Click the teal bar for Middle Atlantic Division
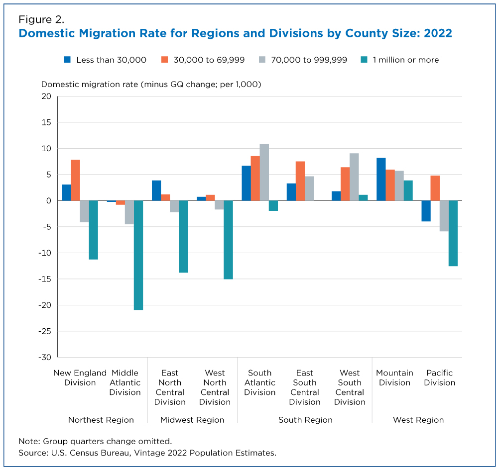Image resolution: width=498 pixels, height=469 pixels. pos(138,255)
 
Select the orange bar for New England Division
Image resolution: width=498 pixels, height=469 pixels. pos(76,180)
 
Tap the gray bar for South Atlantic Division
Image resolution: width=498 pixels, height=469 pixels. pos(264,172)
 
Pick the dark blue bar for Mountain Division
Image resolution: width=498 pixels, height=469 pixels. pos(381,179)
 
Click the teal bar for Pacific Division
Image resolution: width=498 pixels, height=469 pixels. pos(453,233)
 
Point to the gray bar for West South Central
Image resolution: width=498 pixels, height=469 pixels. pos(354,177)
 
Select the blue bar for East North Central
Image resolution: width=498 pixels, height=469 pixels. pos(156,190)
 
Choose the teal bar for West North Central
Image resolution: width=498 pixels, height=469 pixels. pos(229,240)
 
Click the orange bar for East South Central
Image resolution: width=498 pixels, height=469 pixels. pos(300,181)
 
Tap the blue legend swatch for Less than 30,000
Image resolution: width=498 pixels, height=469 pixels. pos(67,60)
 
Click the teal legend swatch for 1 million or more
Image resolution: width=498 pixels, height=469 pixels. pos(364,60)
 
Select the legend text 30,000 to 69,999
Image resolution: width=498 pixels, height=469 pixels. pos(209,60)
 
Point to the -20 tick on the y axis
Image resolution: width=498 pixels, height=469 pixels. pos(45,305)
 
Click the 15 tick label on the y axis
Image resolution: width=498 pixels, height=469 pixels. pos(46,122)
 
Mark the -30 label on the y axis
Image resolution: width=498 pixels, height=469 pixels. pos(45,358)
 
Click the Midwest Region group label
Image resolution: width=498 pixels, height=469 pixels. pos(192,420)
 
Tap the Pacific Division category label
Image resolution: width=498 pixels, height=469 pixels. pos(440,377)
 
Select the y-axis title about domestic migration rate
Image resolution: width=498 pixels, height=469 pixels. pos(151,85)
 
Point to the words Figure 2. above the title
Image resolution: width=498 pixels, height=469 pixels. pos(41,20)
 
